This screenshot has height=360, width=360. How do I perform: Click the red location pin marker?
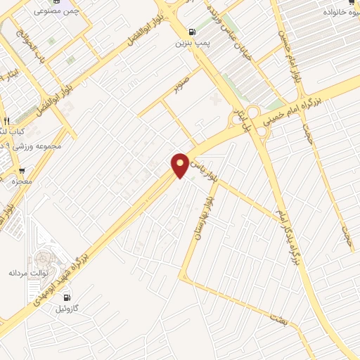point(180,165)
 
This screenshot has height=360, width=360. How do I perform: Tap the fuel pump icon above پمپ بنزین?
point(191,32)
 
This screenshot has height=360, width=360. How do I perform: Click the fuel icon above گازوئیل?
point(66,297)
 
